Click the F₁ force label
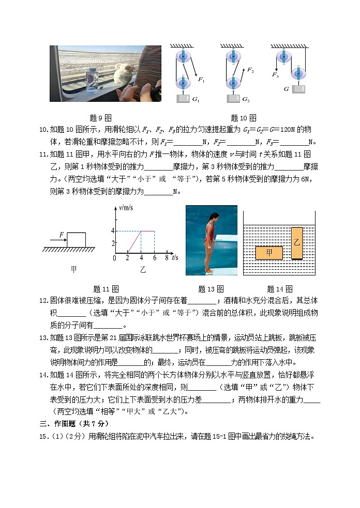pyautogui.click(x=201, y=80)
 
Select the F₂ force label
pyautogui.click(x=250, y=70)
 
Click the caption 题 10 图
pyautogui.click(x=243, y=118)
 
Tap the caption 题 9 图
pyautogui.click(x=101, y=118)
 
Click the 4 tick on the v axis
pyautogui.click(x=112, y=231)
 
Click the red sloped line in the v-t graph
pyautogui.click(x=134, y=241)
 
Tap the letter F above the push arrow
pyautogui.click(x=61, y=235)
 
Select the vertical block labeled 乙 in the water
pyautogui.click(x=296, y=242)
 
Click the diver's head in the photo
pyautogui.click(x=210, y=213)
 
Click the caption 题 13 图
pyautogui.click(x=211, y=289)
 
